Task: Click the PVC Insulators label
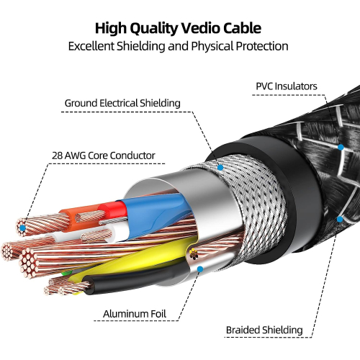click(286, 86)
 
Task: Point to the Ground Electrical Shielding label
click(122, 103)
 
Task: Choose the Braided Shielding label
click(264, 330)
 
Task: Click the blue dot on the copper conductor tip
click(23, 228)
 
